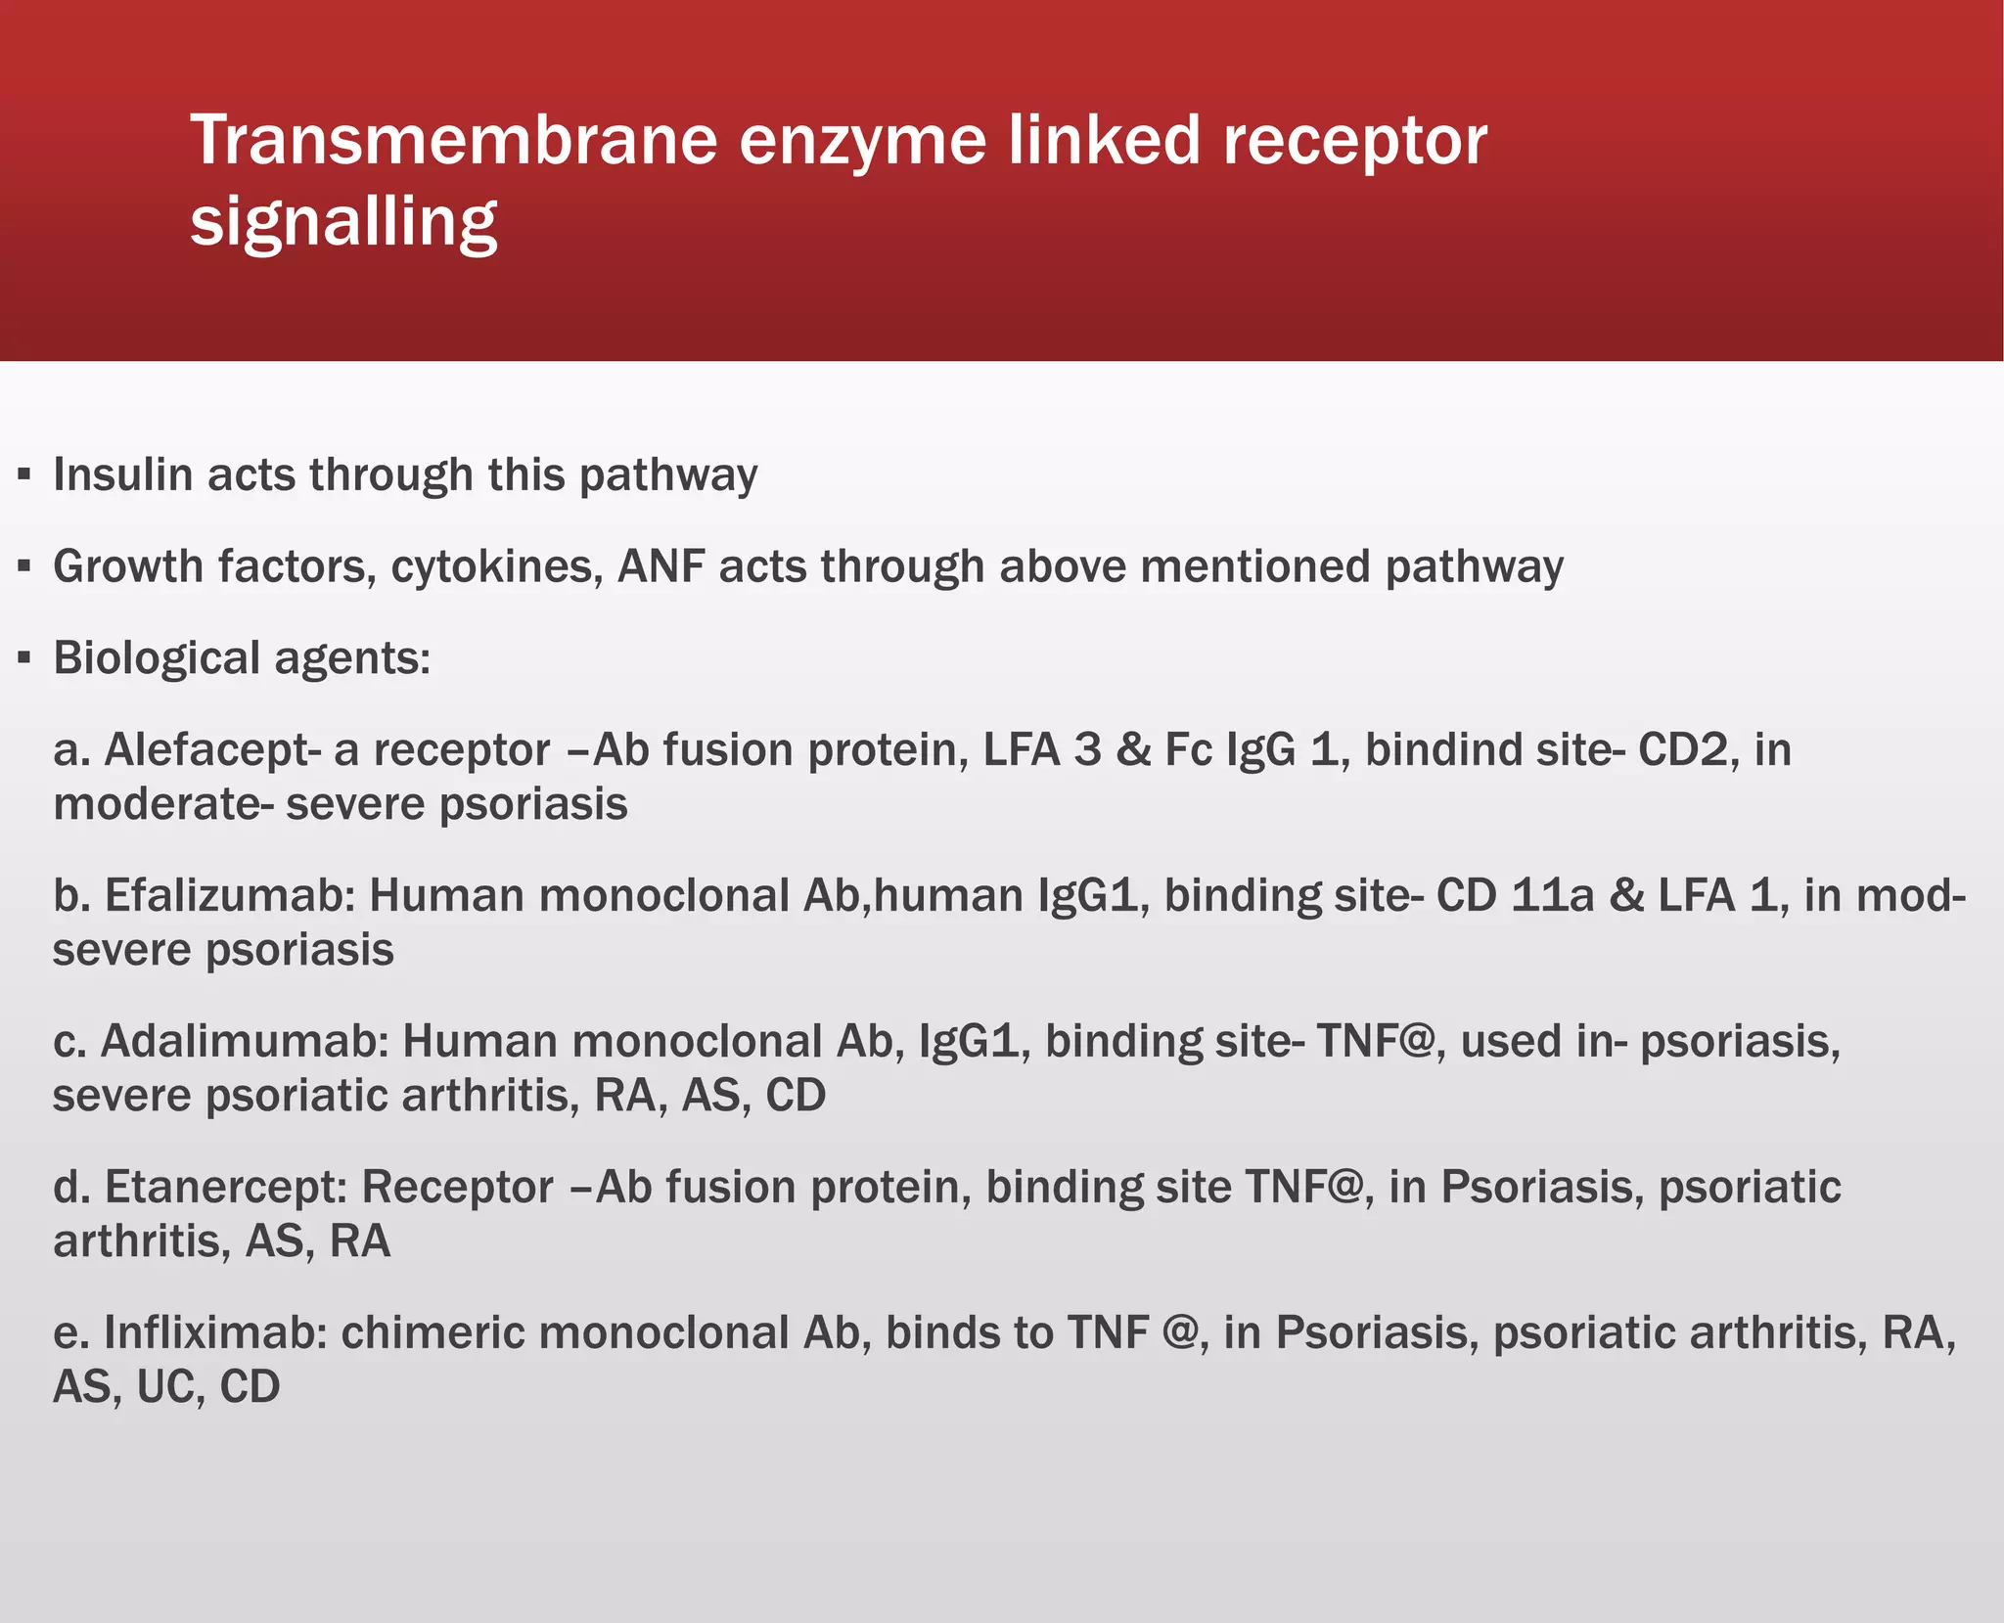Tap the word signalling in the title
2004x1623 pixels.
point(343,222)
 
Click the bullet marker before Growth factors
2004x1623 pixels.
point(24,567)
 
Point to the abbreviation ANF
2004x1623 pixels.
point(661,566)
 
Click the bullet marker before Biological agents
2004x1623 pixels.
point(24,658)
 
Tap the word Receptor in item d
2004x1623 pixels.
point(457,1187)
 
